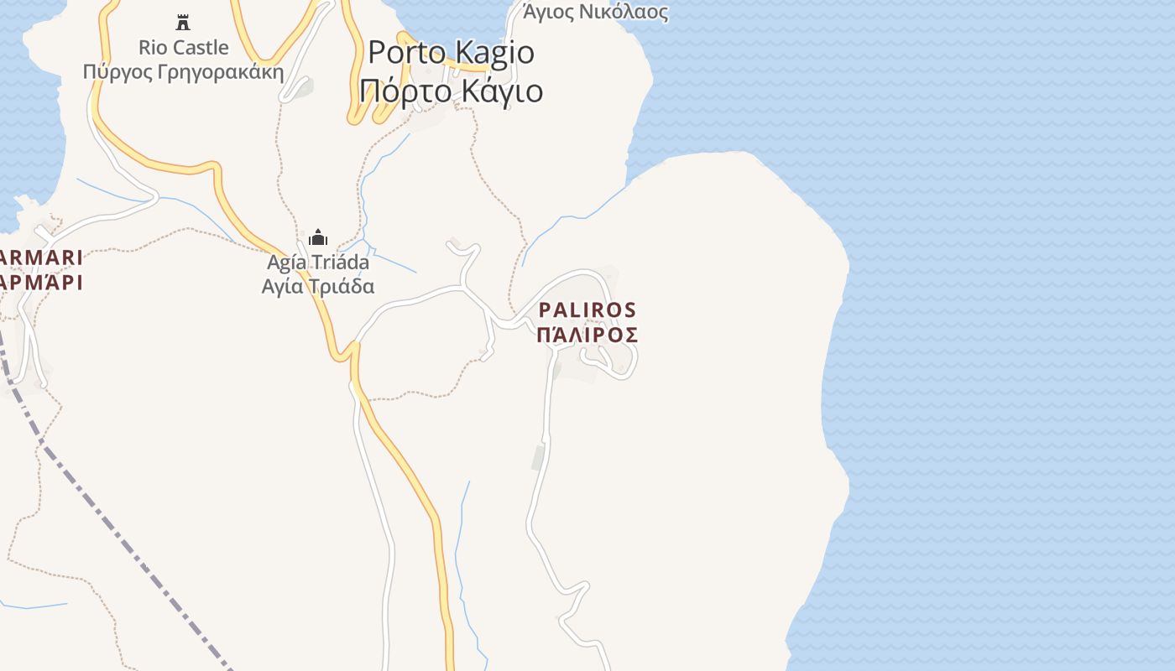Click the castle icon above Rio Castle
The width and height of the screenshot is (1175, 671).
(183, 22)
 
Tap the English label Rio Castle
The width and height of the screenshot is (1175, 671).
(183, 47)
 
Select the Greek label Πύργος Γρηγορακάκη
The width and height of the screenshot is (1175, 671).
(183, 71)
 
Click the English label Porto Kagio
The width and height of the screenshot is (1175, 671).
(451, 52)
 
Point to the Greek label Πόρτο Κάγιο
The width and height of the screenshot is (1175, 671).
(451, 90)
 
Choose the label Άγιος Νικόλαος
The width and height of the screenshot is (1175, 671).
(595, 12)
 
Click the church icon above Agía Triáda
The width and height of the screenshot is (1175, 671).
(318, 237)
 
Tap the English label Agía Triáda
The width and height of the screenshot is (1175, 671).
(318, 263)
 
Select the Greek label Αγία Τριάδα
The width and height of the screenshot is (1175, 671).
(318, 286)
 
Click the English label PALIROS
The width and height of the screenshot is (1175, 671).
(587, 310)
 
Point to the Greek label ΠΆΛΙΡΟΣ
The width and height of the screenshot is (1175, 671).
(587, 335)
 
